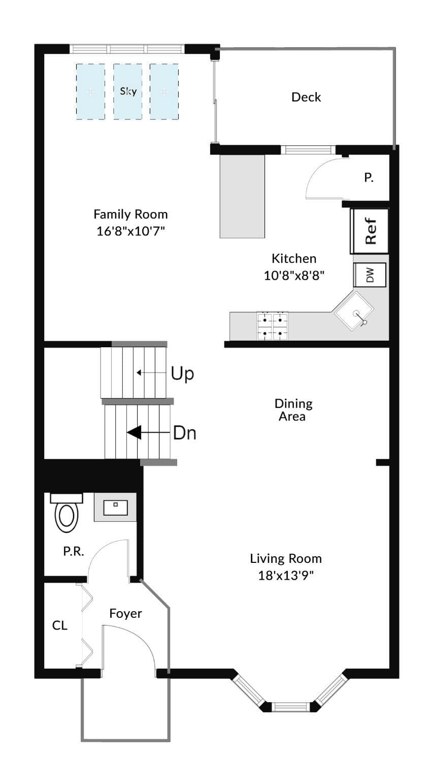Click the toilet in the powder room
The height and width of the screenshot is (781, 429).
(x=66, y=513)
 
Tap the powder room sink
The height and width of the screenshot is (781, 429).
(x=115, y=507)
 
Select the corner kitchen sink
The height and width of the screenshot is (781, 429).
(x=354, y=311)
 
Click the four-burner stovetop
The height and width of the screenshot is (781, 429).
(x=272, y=326)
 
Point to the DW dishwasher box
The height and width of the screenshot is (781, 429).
(x=370, y=275)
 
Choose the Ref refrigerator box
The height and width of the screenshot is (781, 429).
(x=370, y=230)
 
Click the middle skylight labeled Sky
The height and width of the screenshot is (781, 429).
(x=128, y=92)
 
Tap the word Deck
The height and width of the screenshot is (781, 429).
(x=306, y=97)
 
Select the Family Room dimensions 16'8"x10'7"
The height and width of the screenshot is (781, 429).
(x=130, y=231)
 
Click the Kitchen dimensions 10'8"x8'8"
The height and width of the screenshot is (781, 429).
(x=294, y=276)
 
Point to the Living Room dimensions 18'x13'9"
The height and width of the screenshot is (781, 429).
(x=286, y=575)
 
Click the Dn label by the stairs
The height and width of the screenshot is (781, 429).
(x=185, y=433)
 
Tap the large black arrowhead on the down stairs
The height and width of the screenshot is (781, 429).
(x=134, y=433)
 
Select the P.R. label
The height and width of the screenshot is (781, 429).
(x=74, y=551)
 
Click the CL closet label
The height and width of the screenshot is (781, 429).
(x=59, y=625)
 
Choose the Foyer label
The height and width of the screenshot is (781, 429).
(x=126, y=614)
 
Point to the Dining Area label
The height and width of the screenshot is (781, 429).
(x=293, y=410)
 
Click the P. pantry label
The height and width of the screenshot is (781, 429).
(x=369, y=178)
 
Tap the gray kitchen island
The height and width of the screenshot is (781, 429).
(x=242, y=196)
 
